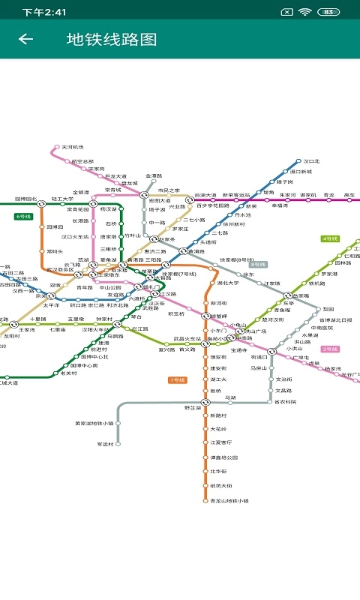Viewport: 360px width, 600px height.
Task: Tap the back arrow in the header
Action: click(x=25, y=39)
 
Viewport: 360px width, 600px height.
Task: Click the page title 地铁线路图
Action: click(x=112, y=39)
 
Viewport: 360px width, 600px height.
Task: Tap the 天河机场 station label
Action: click(x=73, y=147)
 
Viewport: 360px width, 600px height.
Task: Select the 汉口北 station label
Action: click(x=311, y=161)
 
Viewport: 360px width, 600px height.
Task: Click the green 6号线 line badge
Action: click(x=24, y=216)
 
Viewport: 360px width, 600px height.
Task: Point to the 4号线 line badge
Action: click(x=330, y=238)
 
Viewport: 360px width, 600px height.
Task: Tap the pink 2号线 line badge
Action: click(x=330, y=349)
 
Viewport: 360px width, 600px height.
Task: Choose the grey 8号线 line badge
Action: click(x=258, y=264)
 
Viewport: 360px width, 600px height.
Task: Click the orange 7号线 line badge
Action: click(x=178, y=380)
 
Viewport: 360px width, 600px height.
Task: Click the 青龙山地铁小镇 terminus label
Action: click(x=229, y=500)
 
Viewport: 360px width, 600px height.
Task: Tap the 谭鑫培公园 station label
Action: click(x=223, y=457)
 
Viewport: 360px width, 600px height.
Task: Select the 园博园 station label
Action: click(x=55, y=226)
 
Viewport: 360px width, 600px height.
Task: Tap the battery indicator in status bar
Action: click(x=328, y=12)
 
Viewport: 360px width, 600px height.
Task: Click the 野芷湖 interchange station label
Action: click(x=193, y=407)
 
